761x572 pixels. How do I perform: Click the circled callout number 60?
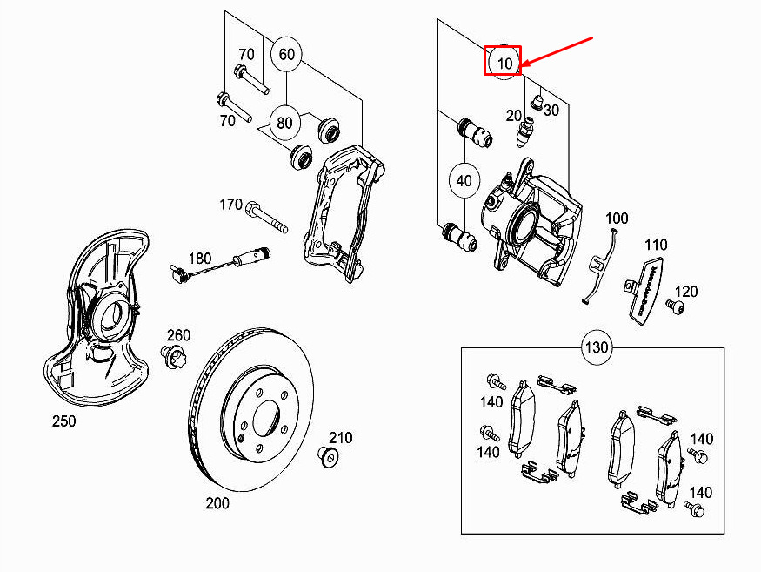[x=286, y=55]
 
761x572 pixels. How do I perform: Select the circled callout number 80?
[x=284, y=122]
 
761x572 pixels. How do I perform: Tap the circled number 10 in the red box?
[x=504, y=63]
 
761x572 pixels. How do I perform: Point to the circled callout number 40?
[x=464, y=181]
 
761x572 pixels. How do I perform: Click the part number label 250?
[x=63, y=421]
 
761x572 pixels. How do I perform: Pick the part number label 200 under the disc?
[x=217, y=503]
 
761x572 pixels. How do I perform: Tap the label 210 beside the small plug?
[x=340, y=437]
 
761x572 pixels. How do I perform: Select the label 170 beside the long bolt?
[x=230, y=205]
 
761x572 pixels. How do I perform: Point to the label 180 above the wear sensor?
[x=199, y=258]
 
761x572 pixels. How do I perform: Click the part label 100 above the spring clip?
[x=617, y=218]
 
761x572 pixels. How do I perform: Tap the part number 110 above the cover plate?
[x=656, y=245]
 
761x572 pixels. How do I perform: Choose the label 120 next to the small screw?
[x=686, y=291]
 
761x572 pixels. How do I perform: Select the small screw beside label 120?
[x=672, y=306]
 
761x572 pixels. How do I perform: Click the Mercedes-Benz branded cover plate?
[x=645, y=287]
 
